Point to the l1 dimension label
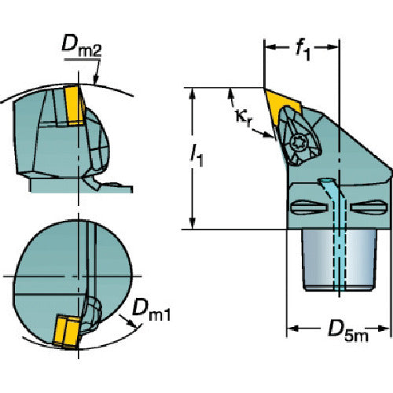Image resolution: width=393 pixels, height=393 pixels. (196, 156)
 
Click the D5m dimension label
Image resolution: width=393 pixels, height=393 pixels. (348, 331)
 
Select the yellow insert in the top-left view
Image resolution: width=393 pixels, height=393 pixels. (75, 105)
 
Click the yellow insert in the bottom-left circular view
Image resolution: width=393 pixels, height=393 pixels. (67, 332)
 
